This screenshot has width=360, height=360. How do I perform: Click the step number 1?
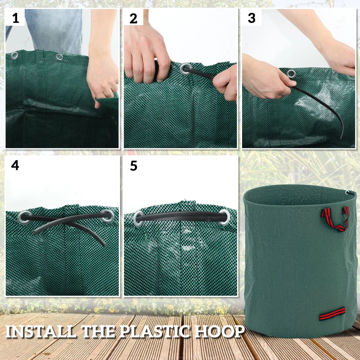(x=16, y=18)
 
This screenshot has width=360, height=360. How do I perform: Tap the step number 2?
(x=134, y=18)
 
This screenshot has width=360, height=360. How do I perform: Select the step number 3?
(x=252, y=18)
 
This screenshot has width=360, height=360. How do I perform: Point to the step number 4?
(x=15, y=166)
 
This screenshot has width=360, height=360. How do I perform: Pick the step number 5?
(x=134, y=166)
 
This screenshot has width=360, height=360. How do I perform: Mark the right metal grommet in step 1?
(x=59, y=58)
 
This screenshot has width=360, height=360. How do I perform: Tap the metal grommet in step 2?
(x=185, y=69)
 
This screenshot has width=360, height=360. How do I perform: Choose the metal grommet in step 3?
(x=292, y=73)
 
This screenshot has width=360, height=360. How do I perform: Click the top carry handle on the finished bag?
(x=335, y=217)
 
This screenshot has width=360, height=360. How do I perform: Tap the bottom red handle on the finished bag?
(x=332, y=313)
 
